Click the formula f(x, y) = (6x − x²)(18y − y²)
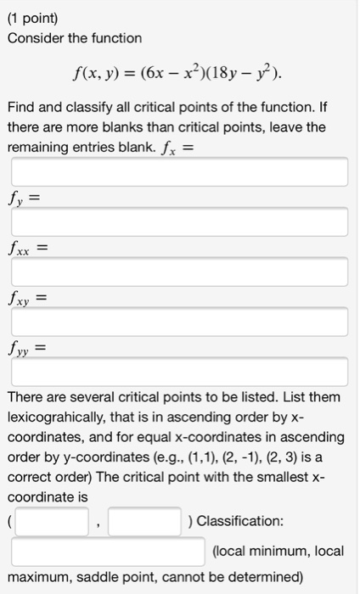point(179,80)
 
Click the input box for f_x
point(179,172)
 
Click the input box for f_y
point(179,222)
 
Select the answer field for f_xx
point(179,272)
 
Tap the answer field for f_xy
point(179,322)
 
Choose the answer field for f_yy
point(179,371)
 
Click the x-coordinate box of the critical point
point(52,521)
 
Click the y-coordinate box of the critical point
point(143,521)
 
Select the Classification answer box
point(109,551)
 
